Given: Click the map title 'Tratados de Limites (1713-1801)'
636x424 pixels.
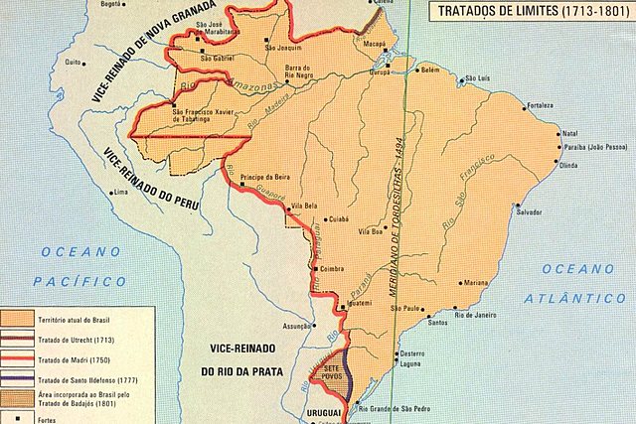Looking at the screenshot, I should click(533, 11).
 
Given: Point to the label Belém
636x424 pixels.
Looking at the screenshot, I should click(430, 71).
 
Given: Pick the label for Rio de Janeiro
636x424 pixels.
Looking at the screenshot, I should click(481, 315).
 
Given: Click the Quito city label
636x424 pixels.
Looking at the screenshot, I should click(72, 62).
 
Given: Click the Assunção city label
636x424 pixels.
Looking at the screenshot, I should click(297, 326).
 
